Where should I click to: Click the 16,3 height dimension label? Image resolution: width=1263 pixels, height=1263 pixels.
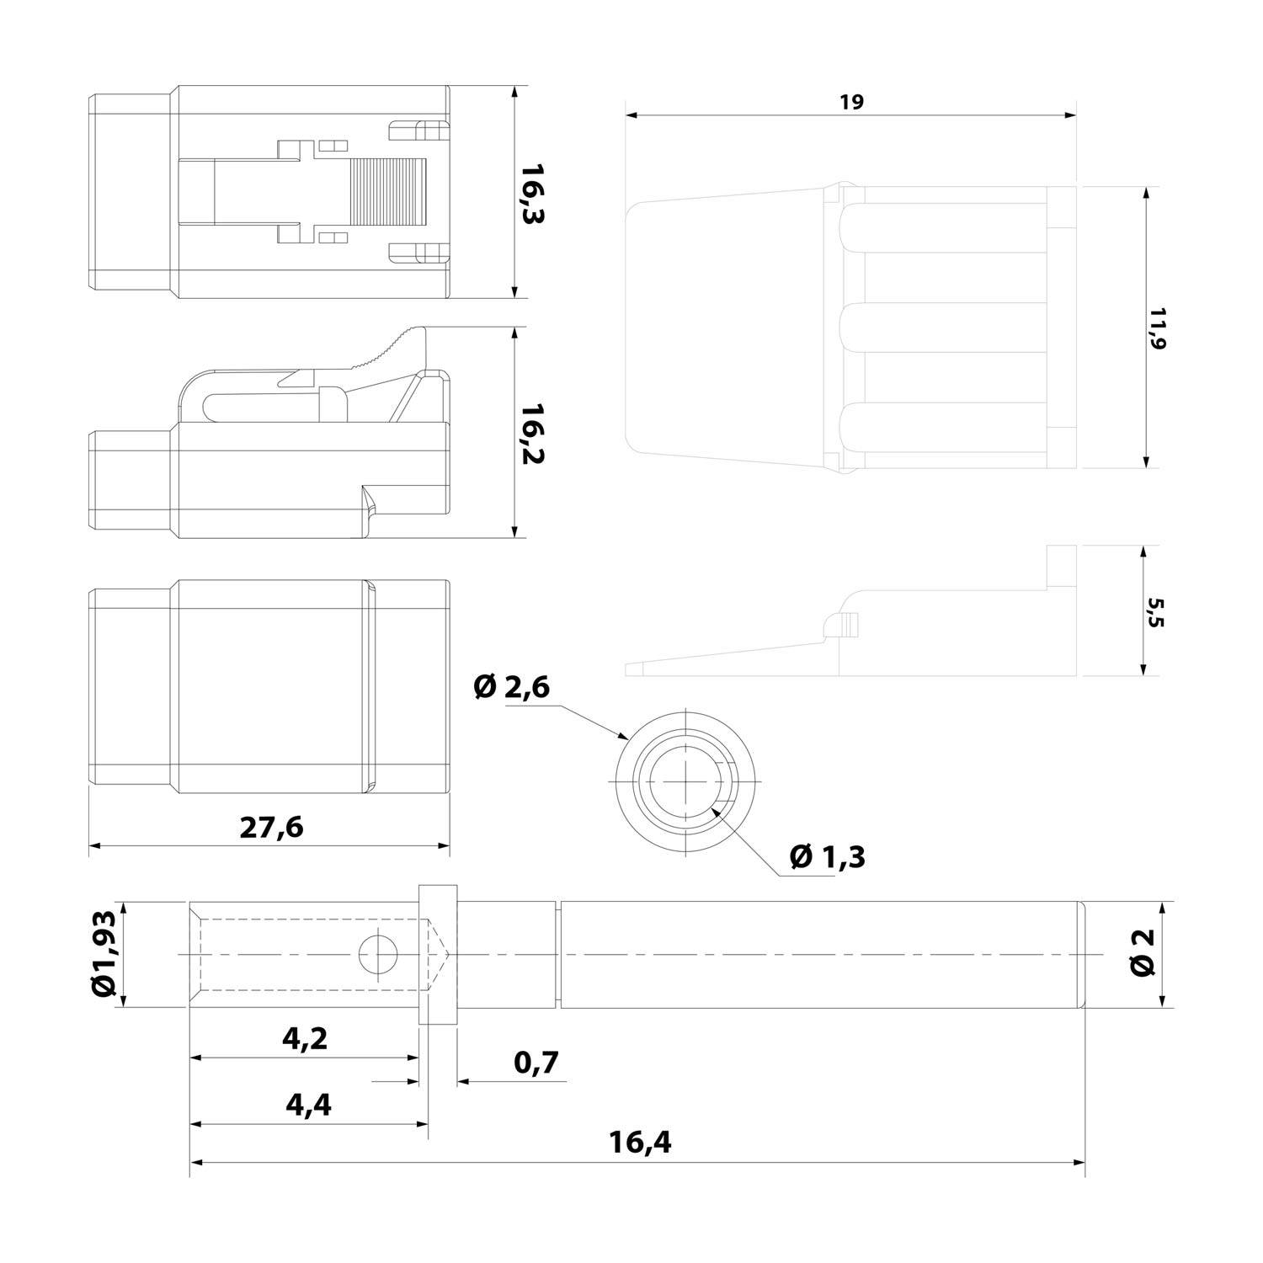tap(533, 193)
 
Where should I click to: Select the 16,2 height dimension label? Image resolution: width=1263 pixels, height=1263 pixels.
tap(533, 434)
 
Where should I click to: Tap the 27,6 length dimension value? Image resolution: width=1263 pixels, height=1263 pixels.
tap(271, 828)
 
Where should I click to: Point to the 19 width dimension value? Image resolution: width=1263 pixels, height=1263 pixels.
tap(851, 103)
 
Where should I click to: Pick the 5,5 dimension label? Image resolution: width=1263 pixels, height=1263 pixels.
tap(1155, 612)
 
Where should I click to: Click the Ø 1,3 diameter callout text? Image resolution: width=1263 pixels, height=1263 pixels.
tap(827, 857)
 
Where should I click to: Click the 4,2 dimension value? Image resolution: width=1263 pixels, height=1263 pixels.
tap(305, 1038)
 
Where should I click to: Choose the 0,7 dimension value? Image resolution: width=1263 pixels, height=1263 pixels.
tap(536, 1063)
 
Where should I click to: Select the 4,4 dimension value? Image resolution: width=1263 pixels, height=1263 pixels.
tap(308, 1104)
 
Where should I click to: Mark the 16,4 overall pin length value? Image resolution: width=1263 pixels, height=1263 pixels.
tap(640, 1143)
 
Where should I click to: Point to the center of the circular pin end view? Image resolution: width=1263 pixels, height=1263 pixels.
tap(687, 780)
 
